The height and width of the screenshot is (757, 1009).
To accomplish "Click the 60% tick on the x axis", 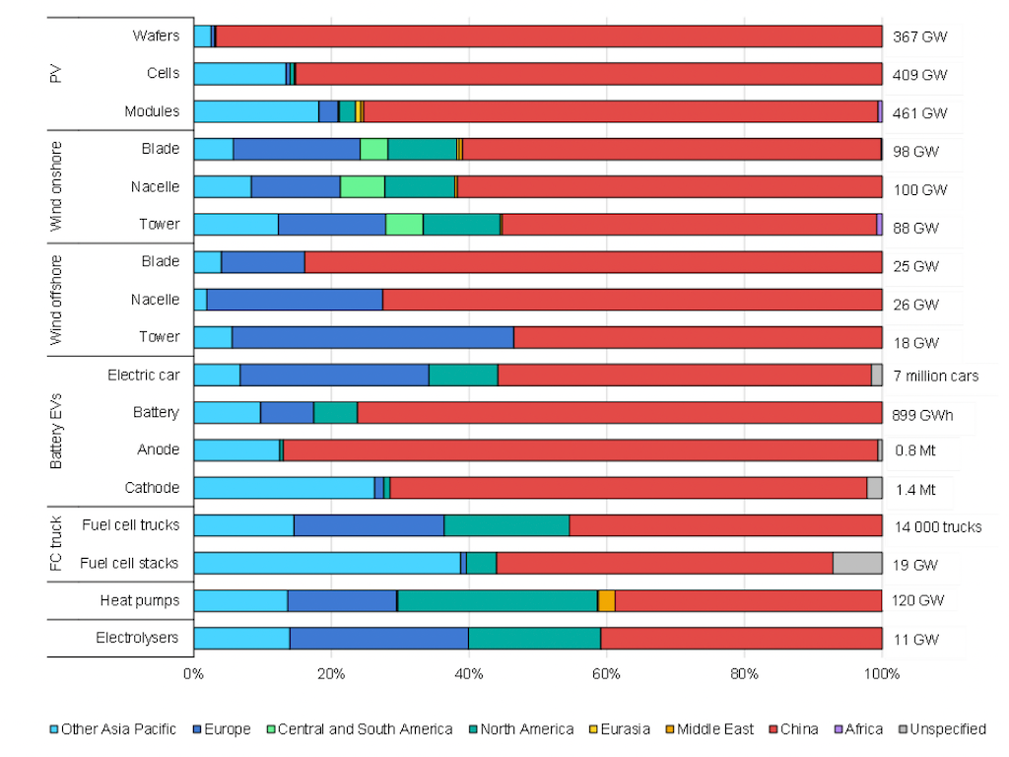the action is [x=606, y=674].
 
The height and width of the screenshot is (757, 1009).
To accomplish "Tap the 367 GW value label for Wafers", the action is [x=919, y=36].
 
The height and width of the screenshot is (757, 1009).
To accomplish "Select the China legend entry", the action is [x=793, y=728].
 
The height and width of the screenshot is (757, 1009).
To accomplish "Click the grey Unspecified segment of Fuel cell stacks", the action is [x=857, y=563].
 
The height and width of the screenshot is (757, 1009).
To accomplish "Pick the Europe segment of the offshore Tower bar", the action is [x=372, y=337].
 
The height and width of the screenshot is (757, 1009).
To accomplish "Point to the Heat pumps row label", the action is [x=140, y=600].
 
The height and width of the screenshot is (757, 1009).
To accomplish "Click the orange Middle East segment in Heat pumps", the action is [x=607, y=600].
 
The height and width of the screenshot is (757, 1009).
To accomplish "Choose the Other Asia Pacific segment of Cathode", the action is [x=284, y=487].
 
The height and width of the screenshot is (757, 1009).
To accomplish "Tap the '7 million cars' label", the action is [x=936, y=376].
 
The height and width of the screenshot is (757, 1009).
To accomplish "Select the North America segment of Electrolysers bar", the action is [x=535, y=638].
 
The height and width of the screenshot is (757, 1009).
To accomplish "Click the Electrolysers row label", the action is [x=137, y=638].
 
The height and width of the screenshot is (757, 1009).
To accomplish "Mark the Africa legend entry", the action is [x=858, y=728].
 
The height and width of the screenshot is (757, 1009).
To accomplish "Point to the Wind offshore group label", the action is [x=56, y=300].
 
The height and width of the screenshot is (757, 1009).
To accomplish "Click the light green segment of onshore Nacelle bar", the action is [x=363, y=186].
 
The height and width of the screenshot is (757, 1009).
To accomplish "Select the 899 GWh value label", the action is [x=922, y=415].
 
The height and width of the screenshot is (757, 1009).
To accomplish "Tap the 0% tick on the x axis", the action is [x=194, y=674].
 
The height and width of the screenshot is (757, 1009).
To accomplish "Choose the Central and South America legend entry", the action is [x=360, y=728].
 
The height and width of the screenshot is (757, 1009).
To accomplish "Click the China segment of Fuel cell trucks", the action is [x=725, y=525].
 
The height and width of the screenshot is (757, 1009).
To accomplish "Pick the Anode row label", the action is [x=159, y=449].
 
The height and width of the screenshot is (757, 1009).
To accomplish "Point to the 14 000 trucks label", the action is [x=938, y=527].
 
